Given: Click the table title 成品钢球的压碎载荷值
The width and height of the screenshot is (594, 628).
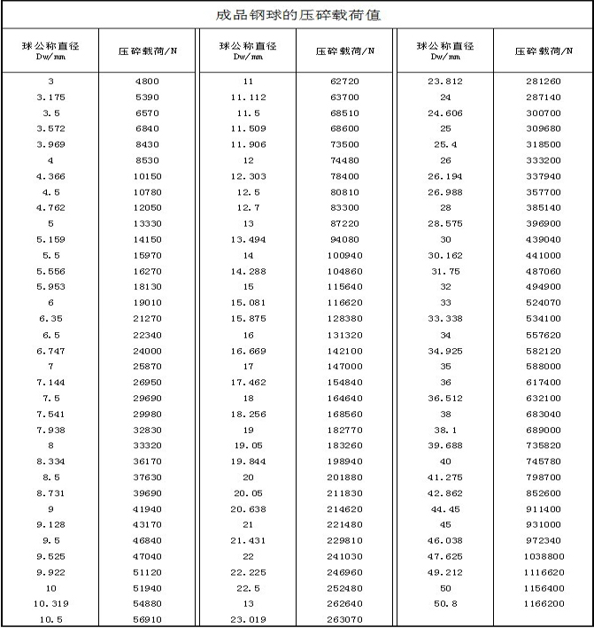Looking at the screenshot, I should [298, 15].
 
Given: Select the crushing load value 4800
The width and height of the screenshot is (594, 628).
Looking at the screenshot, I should [147, 81].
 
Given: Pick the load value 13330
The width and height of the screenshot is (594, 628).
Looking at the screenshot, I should [147, 223].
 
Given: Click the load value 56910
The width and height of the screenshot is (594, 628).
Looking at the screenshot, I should [147, 619].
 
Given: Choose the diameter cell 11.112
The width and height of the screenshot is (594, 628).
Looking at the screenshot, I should [248, 97].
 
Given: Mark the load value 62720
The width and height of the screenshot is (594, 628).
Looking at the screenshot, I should [344, 81].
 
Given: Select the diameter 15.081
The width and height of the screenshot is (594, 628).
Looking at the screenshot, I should [248, 302].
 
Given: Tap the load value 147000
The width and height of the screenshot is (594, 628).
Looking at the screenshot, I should [344, 366].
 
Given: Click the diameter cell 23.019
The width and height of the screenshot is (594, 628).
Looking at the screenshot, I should [248, 619].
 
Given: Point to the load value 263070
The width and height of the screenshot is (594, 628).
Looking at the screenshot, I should [344, 619].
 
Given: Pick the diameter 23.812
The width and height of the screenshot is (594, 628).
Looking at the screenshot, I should [445, 81].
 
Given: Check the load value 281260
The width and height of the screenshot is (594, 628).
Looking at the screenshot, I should [543, 81].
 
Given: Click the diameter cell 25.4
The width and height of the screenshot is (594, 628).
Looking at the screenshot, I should [445, 144].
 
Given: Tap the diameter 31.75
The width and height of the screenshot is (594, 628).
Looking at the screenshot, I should [445, 271].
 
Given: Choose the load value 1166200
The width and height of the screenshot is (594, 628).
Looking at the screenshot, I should [543, 603].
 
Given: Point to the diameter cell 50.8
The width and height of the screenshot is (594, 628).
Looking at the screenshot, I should [445, 603].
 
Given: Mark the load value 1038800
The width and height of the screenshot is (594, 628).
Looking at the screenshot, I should [543, 556].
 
